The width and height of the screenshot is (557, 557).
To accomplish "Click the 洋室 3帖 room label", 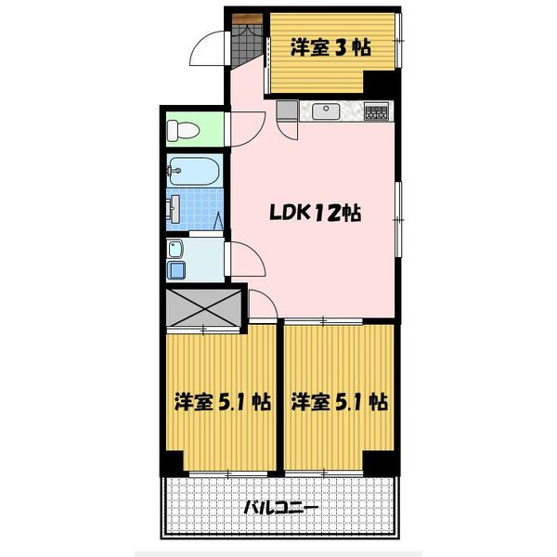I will (x=330, y=47).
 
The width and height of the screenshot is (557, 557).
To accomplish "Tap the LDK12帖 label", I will (x=315, y=213).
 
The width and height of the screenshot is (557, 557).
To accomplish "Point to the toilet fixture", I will (x=182, y=129).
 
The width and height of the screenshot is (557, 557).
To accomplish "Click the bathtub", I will (x=194, y=171).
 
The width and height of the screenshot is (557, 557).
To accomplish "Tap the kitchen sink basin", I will (x=326, y=111).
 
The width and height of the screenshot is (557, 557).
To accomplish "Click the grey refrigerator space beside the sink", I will (x=287, y=110).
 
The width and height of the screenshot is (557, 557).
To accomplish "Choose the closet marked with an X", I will (x=203, y=310).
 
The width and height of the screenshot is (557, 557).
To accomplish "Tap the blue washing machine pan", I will (x=176, y=270).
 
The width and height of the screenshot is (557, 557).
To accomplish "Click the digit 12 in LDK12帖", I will (x=326, y=213).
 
